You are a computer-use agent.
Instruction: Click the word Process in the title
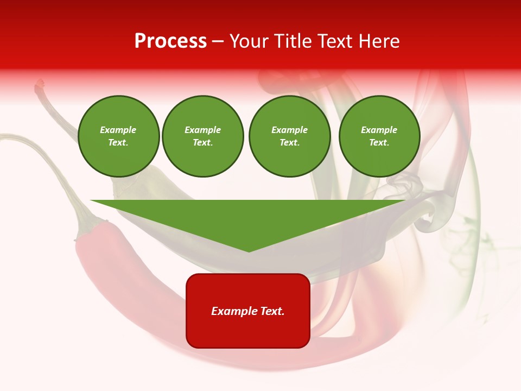coord(170,41)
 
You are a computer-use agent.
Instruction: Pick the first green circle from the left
coord(118,136)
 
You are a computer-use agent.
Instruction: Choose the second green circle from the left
coord(202,136)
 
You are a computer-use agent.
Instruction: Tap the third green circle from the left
coord(289,136)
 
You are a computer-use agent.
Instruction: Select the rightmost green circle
coord(379,136)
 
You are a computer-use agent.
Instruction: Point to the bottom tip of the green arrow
coord(249,251)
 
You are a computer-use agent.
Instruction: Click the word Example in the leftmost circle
coord(118,130)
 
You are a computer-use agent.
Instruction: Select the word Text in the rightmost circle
coord(379,143)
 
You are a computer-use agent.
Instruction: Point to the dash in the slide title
coord(218,41)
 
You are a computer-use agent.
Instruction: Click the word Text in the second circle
coord(202,143)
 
